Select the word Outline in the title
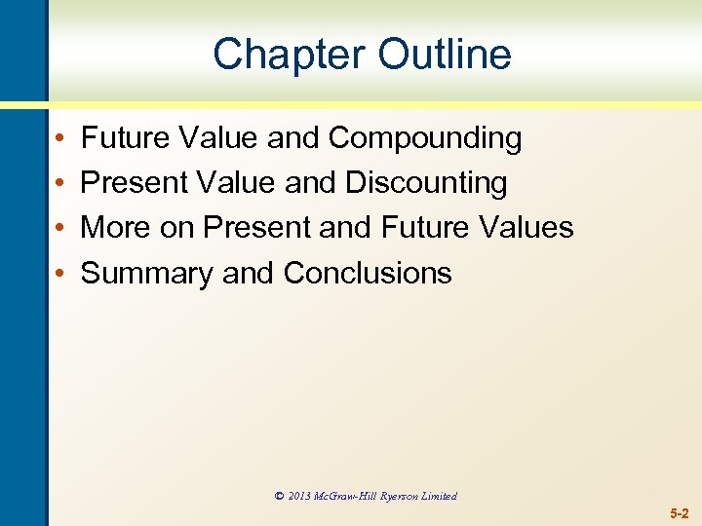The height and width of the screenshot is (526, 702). pyautogui.click(x=445, y=54)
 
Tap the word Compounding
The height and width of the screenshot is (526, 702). pyautogui.click(x=425, y=138)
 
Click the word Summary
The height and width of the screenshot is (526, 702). pyautogui.click(x=146, y=273)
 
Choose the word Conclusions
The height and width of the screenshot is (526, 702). pyautogui.click(x=368, y=273)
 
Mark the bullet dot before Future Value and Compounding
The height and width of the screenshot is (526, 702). pyautogui.click(x=60, y=139)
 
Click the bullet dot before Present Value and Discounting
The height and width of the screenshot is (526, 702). pyautogui.click(x=60, y=184)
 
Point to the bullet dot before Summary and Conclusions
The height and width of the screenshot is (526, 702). pyautogui.click(x=60, y=274)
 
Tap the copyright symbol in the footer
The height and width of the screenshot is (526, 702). pyautogui.click(x=279, y=496)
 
